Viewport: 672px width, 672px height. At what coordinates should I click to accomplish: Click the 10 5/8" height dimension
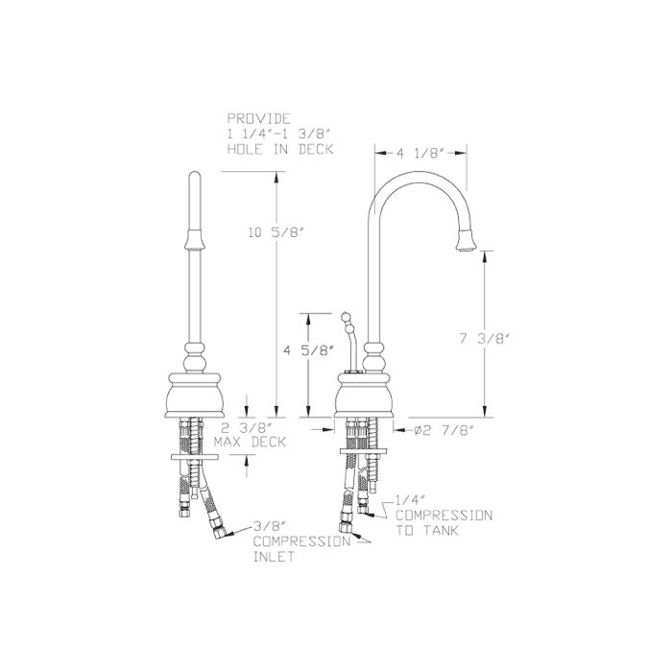(x=276, y=232)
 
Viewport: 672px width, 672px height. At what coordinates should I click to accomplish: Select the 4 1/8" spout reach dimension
(x=420, y=151)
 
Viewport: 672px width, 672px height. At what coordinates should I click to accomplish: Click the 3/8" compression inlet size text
(x=270, y=526)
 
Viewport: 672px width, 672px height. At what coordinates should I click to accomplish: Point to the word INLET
(x=273, y=557)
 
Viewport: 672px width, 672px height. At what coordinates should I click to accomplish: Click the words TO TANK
(x=431, y=530)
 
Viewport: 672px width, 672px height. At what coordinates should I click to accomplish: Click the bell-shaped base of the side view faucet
(x=365, y=396)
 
